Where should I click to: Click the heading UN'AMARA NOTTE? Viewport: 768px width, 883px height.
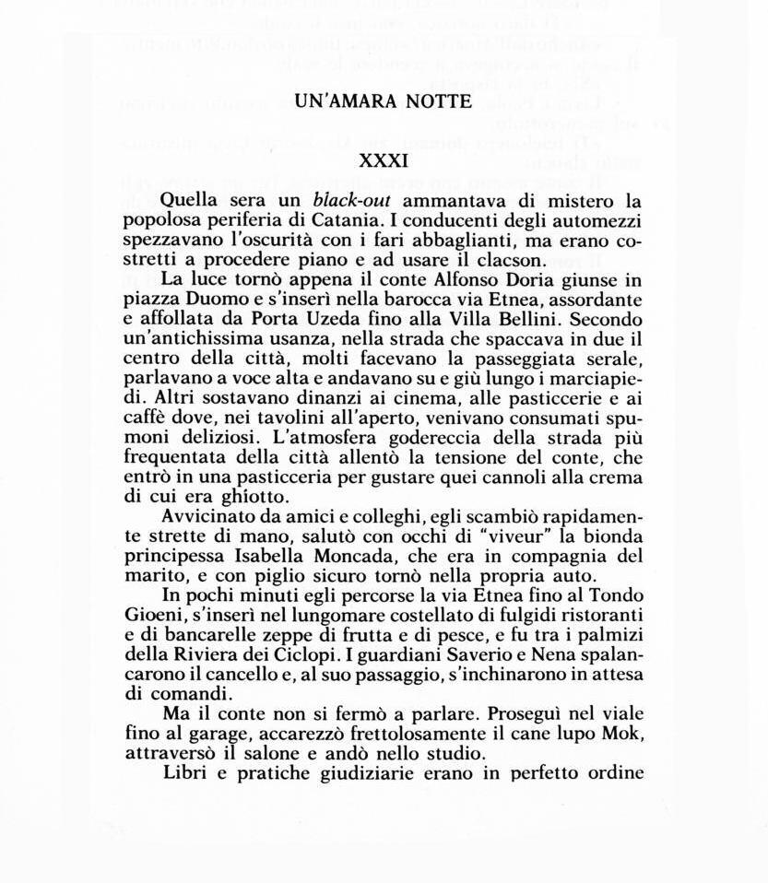click(x=384, y=102)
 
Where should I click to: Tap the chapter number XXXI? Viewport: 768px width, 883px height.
click(x=384, y=160)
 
